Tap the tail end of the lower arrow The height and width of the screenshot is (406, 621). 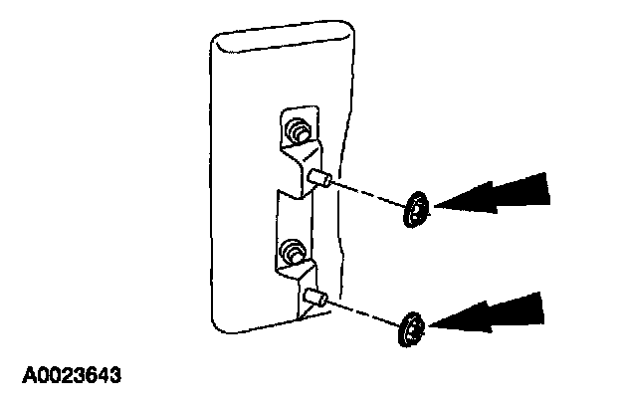point(545,306)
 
